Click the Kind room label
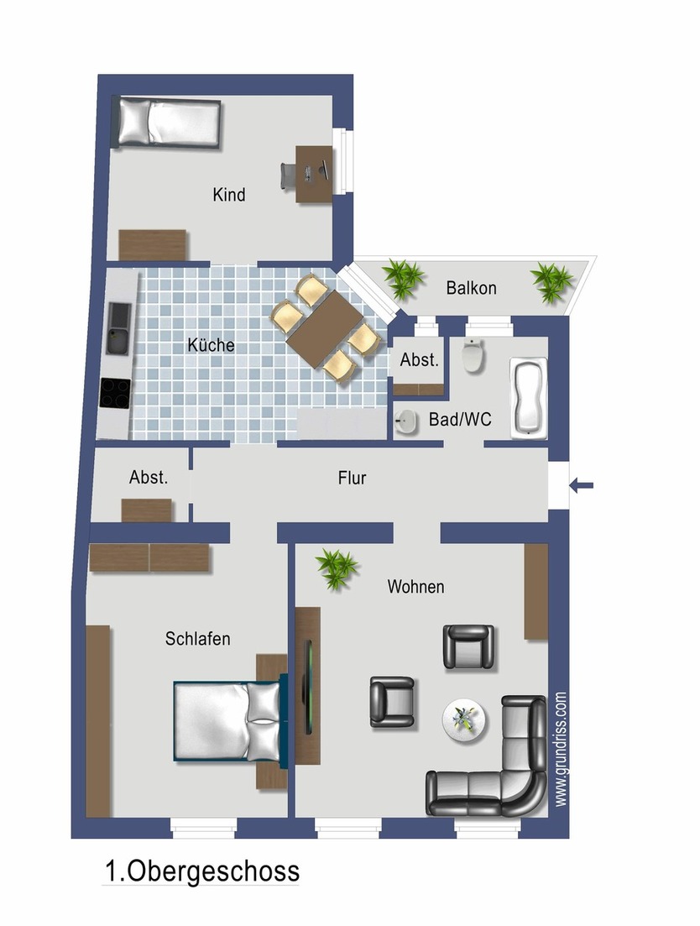(229, 195)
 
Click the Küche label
(211, 345)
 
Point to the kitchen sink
(117, 329)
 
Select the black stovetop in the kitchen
(115, 393)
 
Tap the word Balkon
(471, 288)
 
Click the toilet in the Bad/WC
(474, 358)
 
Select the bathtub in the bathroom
(529, 397)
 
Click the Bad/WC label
(459, 419)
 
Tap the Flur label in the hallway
(352, 478)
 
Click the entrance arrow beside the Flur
(581, 484)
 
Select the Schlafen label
(197, 639)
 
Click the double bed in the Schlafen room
(227, 721)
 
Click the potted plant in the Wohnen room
(337, 568)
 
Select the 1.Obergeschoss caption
(201, 871)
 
